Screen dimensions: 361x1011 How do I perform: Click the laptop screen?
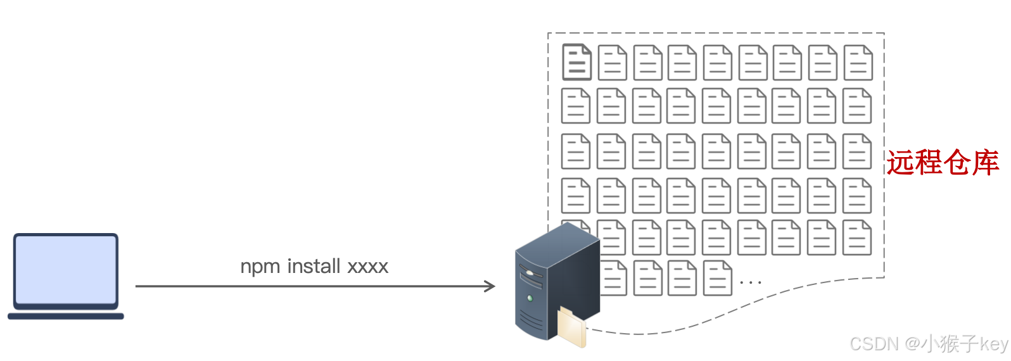[66, 269]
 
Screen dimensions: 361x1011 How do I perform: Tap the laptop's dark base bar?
[66, 315]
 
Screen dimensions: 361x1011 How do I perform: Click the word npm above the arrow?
[260, 267]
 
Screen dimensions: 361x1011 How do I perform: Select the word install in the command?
[314, 266]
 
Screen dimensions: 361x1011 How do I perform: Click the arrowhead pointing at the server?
[490, 286]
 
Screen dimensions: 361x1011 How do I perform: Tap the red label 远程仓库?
[942, 162]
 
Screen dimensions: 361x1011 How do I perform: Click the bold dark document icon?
[576, 62]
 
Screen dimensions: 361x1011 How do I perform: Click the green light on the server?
[530, 298]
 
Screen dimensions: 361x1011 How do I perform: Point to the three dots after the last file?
[750, 282]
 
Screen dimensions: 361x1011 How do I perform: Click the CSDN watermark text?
[874, 344]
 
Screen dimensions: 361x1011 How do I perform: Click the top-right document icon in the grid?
[858, 62]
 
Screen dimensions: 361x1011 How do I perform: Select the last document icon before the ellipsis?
[717, 278]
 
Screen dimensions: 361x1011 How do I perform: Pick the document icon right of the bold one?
[612, 62]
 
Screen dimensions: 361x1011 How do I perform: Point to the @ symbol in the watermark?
[912, 344]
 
